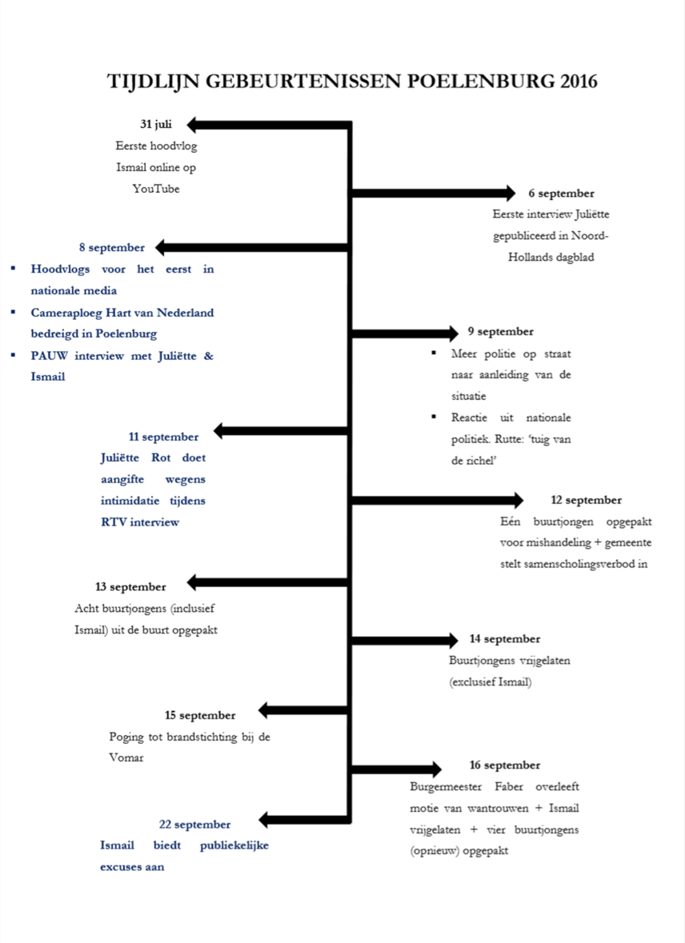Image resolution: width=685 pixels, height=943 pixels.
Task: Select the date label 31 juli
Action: click(156, 124)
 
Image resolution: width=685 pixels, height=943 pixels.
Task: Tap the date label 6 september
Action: click(561, 193)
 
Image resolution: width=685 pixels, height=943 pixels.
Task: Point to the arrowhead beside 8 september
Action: click(161, 247)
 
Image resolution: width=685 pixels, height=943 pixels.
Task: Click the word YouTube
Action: click(156, 189)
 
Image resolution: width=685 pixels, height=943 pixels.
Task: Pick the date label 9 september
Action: click(500, 331)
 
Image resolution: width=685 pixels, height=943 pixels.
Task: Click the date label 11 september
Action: click(163, 437)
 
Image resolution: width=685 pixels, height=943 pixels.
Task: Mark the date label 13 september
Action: click(130, 586)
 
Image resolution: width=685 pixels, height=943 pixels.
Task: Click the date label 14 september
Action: click(504, 638)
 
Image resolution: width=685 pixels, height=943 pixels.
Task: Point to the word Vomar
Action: click(126, 757)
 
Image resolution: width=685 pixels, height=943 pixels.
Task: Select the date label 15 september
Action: click(200, 715)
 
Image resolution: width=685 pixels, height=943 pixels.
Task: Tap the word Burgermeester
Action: click(444, 786)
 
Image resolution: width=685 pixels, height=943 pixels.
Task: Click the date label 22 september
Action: click(194, 824)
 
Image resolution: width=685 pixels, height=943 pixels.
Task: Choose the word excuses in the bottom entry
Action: click(122, 867)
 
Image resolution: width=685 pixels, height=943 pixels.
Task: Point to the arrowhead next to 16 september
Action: click(435, 769)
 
